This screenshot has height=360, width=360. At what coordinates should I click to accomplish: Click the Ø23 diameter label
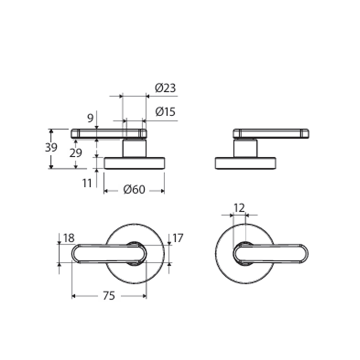[x=165, y=88]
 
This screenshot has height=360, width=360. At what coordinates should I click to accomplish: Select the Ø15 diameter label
[x=165, y=111]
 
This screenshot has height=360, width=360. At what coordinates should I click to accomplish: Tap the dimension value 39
[x=51, y=148]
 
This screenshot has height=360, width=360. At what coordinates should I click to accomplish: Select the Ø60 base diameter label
[x=134, y=190]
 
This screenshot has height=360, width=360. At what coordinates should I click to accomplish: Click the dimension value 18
[x=68, y=238]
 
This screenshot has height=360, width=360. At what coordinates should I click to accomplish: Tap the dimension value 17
[x=177, y=238]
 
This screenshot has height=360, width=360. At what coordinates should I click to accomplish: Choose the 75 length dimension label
[x=109, y=296]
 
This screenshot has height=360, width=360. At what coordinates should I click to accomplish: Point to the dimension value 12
[x=239, y=207]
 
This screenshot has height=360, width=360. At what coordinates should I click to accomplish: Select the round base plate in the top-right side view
[x=245, y=164]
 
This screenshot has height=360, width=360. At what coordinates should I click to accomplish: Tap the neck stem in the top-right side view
[x=245, y=149]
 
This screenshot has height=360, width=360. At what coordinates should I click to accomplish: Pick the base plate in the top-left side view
[x=134, y=164]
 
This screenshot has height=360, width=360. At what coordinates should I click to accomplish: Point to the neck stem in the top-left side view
[x=134, y=149]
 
